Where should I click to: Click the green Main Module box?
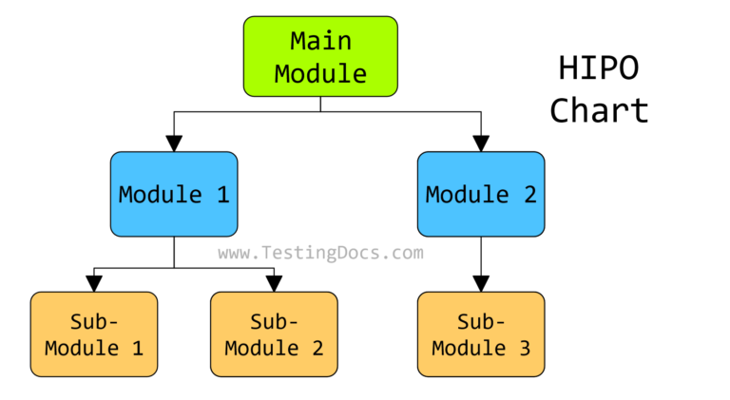click(320, 56)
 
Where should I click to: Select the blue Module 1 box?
click(174, 194)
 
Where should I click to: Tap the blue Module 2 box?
click(481, 194)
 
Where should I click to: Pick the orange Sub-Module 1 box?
click(93, 333)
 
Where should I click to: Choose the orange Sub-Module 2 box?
click(274, 333)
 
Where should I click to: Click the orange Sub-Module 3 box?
click(481, 333)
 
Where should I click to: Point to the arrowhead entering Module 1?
click(174, 143)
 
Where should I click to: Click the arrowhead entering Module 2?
click(481, 143)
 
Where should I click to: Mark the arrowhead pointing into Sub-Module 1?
click(93, 283)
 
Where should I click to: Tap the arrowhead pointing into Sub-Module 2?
click(274, 283)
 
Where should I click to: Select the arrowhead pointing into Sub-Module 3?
click(481, 283)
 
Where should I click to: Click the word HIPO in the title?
click(598, 69)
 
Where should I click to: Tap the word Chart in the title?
click(599, 110)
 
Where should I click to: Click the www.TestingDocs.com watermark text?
click(320, 253)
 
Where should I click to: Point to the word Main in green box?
click(320, 41)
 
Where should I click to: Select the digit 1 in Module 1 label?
click(221, 195)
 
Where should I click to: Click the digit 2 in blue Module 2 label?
click(528, 195)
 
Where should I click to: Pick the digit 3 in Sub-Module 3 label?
click(524, 348)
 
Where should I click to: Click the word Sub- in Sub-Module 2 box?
click(274, 318)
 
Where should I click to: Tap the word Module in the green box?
click(320, 72)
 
